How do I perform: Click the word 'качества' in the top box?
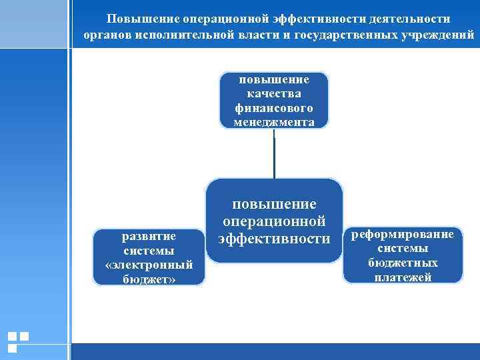(x=274, y=93)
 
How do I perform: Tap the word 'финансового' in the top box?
(x=274, y=108)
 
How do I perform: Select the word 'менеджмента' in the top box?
(x=274, y=122)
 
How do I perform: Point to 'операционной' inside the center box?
(x=274, y=221)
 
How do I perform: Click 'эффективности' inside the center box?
(x=274, y=239)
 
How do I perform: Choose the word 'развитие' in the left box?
(x=149, y=237)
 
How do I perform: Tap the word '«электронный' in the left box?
(x=149, y=265)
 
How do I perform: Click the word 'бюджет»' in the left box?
(x=149, y=279)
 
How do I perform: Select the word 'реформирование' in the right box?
(x=403, y=235)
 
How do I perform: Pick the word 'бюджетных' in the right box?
(x=403, y=263)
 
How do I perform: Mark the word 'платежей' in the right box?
(x=403, y=277)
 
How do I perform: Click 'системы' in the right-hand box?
(x=403, y=249)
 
